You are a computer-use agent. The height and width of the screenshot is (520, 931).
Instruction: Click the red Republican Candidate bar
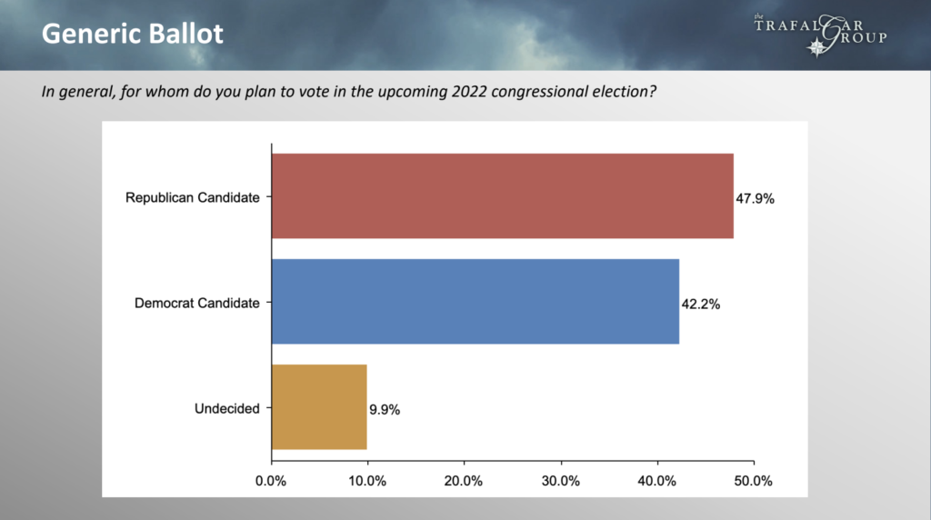coord(502,196)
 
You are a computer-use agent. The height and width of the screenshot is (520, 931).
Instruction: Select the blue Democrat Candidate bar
coord(475,302)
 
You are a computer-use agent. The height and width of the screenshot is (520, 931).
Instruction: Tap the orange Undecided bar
coord(319,407)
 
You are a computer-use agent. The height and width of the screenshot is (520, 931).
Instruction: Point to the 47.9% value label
coord(755,198)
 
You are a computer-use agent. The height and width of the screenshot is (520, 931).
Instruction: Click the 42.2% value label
coord(701,305)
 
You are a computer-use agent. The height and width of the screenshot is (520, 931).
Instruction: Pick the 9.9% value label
coord(385,410)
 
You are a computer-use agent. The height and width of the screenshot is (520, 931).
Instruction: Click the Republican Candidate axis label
coord(192,198)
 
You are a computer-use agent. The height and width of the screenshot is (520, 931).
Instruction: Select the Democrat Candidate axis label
coord(197,304)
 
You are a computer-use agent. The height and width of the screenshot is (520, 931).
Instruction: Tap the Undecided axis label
coord(226,409)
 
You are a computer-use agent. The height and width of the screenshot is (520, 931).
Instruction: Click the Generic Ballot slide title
coord(133,35)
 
